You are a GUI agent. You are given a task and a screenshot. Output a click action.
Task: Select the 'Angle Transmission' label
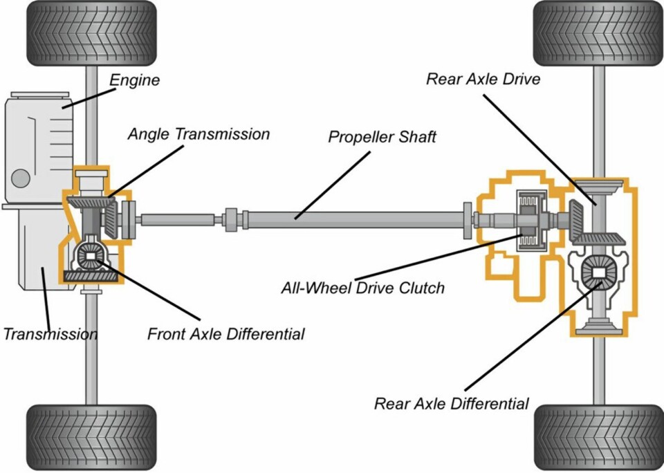pos(199,134)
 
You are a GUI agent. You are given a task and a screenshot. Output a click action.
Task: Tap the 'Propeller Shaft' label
pos(382,137)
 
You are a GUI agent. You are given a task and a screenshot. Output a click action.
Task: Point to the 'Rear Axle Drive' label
pos(483,79)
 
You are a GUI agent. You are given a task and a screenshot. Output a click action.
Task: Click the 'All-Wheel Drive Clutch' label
pos(362,288)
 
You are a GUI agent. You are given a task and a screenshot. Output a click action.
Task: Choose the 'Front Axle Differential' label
pos(225,335)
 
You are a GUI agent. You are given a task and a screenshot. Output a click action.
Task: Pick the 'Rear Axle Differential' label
pos(451,404)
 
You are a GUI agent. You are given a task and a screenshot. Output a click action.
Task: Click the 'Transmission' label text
pos(50,335)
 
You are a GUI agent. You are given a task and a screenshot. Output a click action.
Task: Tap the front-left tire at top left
pos(91,33)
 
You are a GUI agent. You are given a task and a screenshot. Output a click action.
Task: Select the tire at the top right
pos(599,33)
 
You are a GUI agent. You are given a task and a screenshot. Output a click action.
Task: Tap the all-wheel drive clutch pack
pos(531,220)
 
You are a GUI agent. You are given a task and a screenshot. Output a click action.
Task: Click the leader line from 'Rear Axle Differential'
pos(529,339)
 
